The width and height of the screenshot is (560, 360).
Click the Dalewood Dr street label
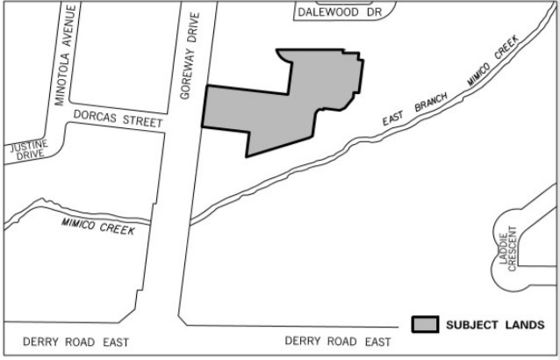pos(341,12)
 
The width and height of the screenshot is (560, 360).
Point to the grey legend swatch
pos(426,324)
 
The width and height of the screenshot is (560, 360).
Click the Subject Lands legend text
pos(495,324)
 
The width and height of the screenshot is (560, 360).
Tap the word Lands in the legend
pos(527,324)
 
